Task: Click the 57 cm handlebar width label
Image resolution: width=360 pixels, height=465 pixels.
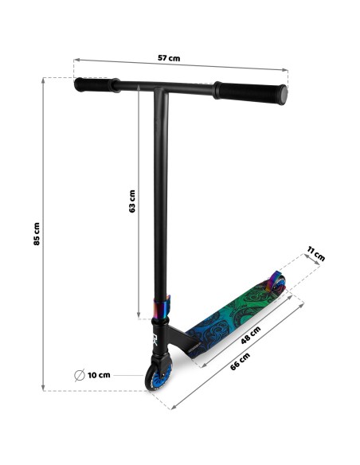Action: point(169,58)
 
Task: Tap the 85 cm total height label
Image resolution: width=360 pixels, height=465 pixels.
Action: point(37,233)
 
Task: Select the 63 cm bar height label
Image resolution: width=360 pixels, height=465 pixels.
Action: point(132,201)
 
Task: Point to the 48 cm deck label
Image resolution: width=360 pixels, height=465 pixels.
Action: point(251,334)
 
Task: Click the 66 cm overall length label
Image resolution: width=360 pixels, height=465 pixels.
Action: point(241,361)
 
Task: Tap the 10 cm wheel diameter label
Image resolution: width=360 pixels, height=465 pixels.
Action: point(99,375)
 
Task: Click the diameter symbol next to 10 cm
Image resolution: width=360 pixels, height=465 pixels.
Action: point(80,375)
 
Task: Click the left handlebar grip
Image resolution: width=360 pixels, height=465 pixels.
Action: point(96,85)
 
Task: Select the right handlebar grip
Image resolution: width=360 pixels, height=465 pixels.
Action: point(251,92)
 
